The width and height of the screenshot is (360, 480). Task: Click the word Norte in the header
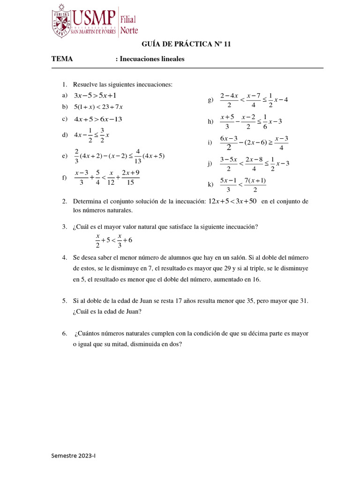pos(129,30)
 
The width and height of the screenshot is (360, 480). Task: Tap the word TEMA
pos(62,59)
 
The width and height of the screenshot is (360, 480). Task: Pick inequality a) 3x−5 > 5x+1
pos(95,96)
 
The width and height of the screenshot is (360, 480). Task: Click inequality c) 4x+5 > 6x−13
pos(98,119)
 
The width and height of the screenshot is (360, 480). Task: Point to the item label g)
pos(210,100)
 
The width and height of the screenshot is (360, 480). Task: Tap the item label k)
pos(210,185)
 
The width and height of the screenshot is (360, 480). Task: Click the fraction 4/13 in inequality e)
pos(138,157)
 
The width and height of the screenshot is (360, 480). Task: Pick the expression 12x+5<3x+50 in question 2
pos(233,202)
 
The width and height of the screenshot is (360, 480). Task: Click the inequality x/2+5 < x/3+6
pos(114,240)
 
